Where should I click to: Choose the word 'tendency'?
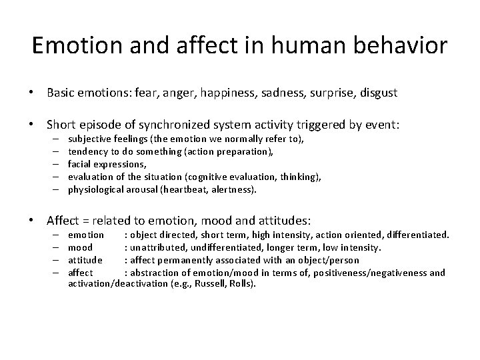coord(88,151)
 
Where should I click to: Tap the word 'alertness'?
coord(234,189)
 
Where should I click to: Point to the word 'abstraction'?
coord(157,272)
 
